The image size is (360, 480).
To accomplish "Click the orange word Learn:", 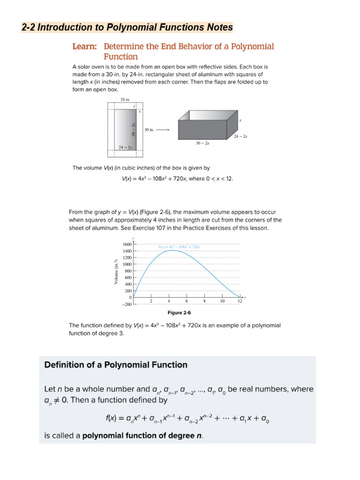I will pyautogui.click(x=85, y=47).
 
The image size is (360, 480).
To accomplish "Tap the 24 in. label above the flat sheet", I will pyautogui.click(x=125, y=99).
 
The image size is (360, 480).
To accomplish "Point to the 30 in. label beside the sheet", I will pyautogui.click(x=149, y=130).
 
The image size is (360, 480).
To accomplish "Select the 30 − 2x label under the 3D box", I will pyautogui.click(x=202, y=143).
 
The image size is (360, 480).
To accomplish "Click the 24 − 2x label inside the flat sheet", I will pyautogui.click(x=125, y=147).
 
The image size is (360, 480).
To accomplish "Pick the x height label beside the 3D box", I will pyautogui.click(x=240, y=120).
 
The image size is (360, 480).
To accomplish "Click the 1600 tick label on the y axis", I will pyautogui.click(x=127, y=244).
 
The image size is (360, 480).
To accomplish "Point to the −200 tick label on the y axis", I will pyautogui.click(x=127, y=304).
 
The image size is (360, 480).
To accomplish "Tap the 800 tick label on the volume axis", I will pyautogui.click(x=128, y=271).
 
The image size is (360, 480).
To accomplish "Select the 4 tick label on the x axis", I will pyautogui.click(x=168, y=301).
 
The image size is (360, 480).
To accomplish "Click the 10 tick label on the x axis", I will pyautogui.click(x=222, y=301).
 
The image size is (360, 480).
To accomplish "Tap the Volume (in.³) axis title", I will pyautogui.click(x=116, y=271).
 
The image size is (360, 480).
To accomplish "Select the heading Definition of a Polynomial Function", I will pyautogui.click(x=116, y=365).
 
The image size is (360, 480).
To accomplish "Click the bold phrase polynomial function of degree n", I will pyautogui.click(x=142, y=435).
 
